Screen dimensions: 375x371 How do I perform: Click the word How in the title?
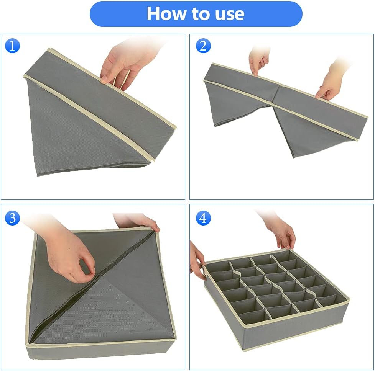click(166, 13)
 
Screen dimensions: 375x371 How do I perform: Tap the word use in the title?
click(230, 14)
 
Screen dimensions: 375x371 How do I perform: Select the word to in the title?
click(201, 14)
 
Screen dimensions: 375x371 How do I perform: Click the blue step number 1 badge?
click(12, 46)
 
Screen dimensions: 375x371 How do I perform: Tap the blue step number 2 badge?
click(203, 46)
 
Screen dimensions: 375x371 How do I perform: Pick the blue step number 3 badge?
click(12, 218)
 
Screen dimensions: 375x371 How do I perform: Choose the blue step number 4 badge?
click(203, 218)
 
